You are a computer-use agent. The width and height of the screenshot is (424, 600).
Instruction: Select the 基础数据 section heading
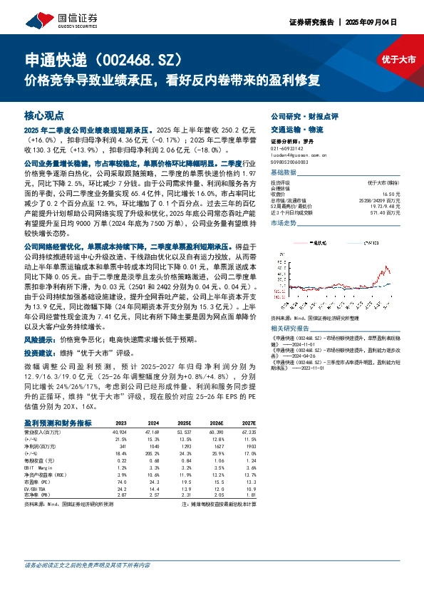pyautogui.click(x=284, y=172)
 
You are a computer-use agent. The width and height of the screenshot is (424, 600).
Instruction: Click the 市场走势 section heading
pyautogui.click(x=284, y=224)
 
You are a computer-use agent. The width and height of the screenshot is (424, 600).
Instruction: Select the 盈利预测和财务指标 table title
pyautogui.click(x=58, y=423)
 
